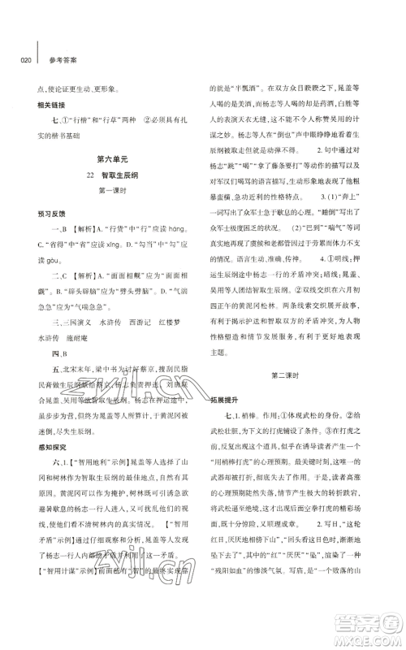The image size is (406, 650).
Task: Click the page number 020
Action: click(22, 58)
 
